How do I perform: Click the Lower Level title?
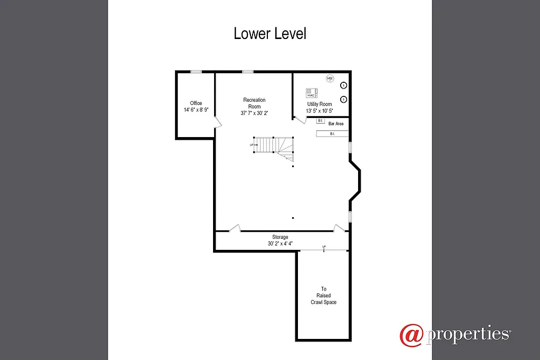click(x=270, y=34)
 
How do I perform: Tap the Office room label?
click(x=196, y=103)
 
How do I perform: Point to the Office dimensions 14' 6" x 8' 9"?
click(x=196, y=110)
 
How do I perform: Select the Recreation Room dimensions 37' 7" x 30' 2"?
click(x=254, y=113)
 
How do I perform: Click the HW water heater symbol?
click(x=330, y=79)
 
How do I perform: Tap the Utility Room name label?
click(x=320, y=104)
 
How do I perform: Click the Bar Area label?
click(x=336, y=124)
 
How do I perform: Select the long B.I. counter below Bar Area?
click(x=332, y=134)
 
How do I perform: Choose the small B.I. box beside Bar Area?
click(x=320, y=121)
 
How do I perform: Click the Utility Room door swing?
click(x=300, y=121)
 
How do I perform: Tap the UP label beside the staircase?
click(x=252, y=144)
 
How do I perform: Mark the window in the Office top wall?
click(x=196, y=72)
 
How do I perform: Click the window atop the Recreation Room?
click(x=247, y=72)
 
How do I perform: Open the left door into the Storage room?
click(x=235, y=228)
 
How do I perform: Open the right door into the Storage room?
click(x=339, y=228)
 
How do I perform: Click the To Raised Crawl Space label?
click(x=324, y=296)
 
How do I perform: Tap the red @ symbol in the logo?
click(x=412, y=335)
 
